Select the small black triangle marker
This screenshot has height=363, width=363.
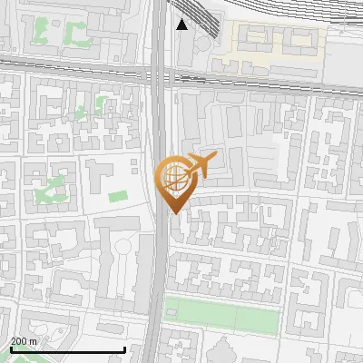point(182,25)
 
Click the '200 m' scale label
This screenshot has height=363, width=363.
point(25,341)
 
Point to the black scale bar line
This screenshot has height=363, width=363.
point(67,350)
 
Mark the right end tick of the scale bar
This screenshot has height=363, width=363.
point(124,348)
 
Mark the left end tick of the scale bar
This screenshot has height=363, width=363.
point(10,348)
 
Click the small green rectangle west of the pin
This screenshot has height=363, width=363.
point(117,196)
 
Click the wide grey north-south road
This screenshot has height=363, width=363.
point(159,272)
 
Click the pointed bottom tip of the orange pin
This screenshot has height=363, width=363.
point(172,213)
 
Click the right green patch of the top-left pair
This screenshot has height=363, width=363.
point(74,34)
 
